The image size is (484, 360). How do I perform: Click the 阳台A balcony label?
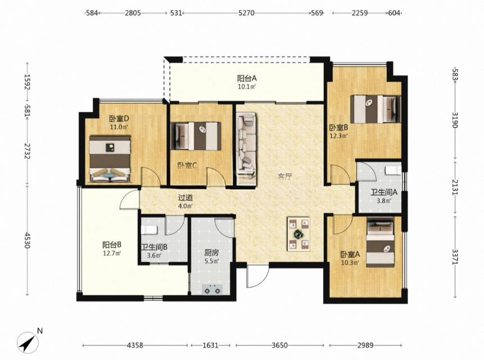point(247,78)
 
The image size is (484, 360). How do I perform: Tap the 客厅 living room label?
point(284,177)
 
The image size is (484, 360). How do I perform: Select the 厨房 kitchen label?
point(212,253)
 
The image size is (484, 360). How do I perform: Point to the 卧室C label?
point(187,166)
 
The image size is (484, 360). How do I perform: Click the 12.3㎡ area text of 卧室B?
point(338,135)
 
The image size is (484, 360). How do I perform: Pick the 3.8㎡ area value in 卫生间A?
point(384,201)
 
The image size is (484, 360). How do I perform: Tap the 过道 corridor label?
point(186,197)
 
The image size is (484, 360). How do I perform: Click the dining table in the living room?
point(299,234)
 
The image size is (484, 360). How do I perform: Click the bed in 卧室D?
point(110,159)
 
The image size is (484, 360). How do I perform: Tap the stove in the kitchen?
point(212,290)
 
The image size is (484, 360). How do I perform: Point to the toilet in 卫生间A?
point(393,170)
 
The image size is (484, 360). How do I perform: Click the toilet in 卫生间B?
point(149,229)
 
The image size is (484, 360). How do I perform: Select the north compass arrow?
point(28,343)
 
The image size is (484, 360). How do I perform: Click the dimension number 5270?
point(246,13)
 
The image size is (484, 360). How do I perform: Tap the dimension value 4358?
point(135,345)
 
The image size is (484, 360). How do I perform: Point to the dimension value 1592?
point(28,82)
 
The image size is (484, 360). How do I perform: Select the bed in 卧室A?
point(380,242)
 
